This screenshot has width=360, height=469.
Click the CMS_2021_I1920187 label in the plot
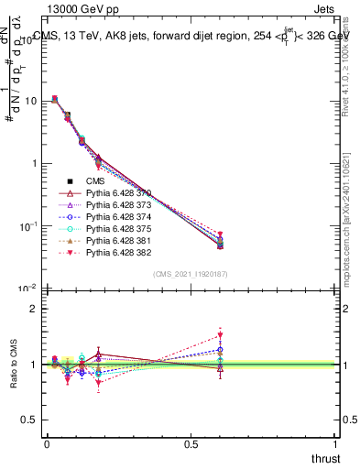(x=190, y=274)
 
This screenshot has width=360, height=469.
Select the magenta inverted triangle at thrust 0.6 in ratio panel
(x=220, y=335)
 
